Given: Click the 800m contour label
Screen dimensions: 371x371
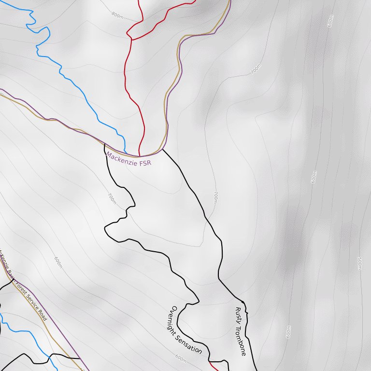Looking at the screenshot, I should click(x=117, y=15).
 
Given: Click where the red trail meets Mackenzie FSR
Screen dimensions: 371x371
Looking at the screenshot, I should click(x=140, y=156).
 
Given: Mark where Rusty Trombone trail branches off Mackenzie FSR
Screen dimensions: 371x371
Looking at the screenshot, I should click(x=162, y=149).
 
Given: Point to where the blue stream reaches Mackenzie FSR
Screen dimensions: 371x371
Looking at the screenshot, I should click(x=126, y=153).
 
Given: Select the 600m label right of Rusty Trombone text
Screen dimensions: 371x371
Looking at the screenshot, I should click(x=288, y=332).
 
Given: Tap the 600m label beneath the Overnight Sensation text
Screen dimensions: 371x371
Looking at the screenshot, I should click(x=180, y=358).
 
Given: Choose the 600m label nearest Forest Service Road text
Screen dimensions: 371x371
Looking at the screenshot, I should click(x=58, y=263).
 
